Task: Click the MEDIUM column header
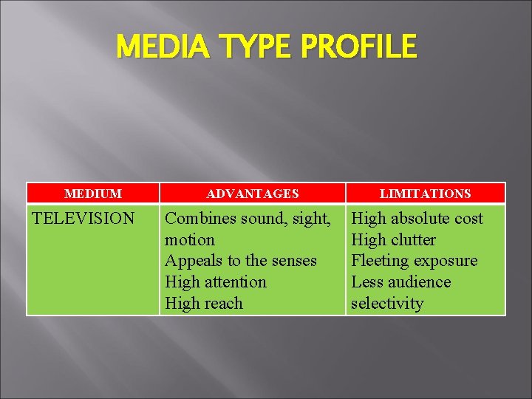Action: coord(93,194)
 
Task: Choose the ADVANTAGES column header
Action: coord(253,194)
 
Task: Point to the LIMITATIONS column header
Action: coord(425,194)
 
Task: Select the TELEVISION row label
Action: coord(83,219)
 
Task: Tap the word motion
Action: coord(190,240)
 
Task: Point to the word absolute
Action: coord(422,219)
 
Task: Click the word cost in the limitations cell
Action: coord(469,219)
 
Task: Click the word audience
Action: coord(420,282)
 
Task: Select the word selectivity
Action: coord(387,304)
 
